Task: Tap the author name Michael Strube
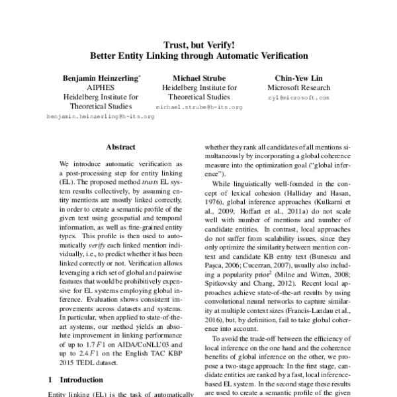click(x=199, y=77)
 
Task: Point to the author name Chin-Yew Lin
click(x=294, y=77)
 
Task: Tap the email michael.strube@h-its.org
click(x=199, y=106)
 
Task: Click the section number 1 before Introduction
click(x=51, y=380)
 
